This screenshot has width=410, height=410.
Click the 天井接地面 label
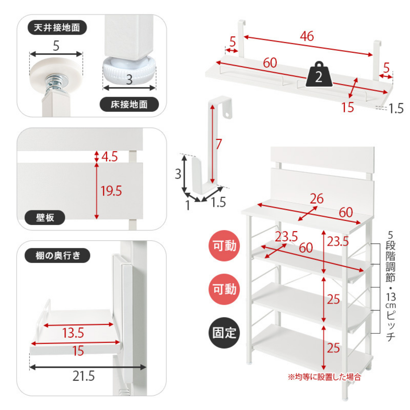coord(57,28)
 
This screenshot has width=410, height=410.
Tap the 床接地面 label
coord(129,104)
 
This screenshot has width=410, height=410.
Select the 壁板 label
coord(45,217)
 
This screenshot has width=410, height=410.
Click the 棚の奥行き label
coord(57,255)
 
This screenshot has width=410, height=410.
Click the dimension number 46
coord(307,36)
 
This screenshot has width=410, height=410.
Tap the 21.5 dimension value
coord(83,377)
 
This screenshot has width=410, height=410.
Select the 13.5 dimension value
coord(73,333)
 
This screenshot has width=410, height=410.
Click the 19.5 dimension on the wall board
coord(111,191)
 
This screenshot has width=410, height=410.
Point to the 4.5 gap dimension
coord(109,157)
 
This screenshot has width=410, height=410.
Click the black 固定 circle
coord(224,333)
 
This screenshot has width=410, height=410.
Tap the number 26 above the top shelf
coord(317,199)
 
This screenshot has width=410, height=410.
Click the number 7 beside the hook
coord(219,144)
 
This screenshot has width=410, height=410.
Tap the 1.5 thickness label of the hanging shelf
coord(396,108)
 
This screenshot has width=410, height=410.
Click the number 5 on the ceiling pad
coord(56,46)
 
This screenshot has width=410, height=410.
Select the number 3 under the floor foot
coord(129,80)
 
